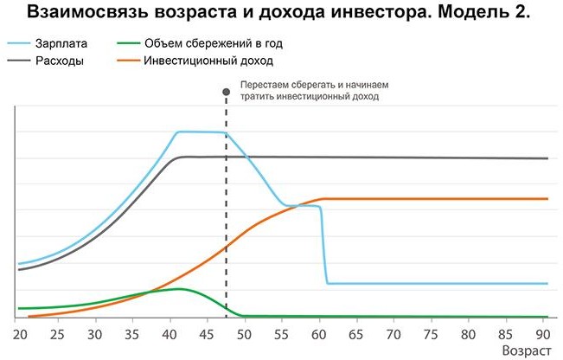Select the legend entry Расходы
pos(57,61)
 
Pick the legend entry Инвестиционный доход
pos(208,61)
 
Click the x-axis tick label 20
pos(17,333)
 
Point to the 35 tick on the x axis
pos(131,333)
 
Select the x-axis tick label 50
pos(245,333)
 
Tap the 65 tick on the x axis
pos(358,333)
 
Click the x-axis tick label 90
pos(543,333)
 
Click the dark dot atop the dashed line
pos(227,87)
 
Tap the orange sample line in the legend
pos(126,61)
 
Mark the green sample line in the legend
pos(126,43)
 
